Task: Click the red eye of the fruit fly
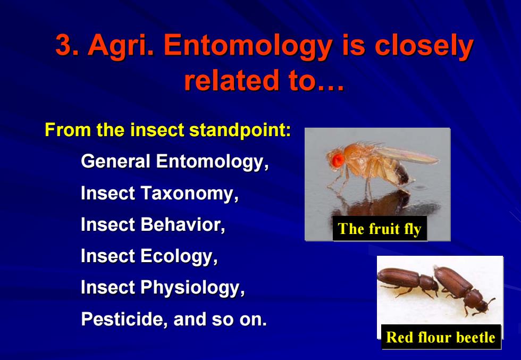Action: (x=338, y=160)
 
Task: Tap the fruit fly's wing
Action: (x=407, y=155)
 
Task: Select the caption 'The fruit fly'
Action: (x=380, y=229)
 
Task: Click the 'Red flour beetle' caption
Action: (x=441, y=337)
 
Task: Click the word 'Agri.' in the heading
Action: (x=121, y=47)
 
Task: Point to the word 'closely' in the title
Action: (x=424, y=47)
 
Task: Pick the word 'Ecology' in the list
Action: (x=179, y=257)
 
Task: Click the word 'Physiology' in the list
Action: (x=192, y=288)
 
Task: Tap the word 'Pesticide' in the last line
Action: (x=124, y=319)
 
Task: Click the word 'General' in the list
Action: (x=116, y=161)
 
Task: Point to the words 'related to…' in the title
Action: (x=264, y=80)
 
